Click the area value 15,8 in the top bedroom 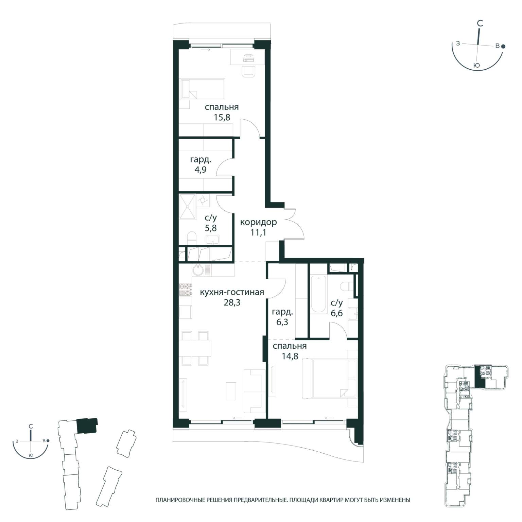(x=222, y=118)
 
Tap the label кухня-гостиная (x=232, y=292)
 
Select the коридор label (x=258, y=222)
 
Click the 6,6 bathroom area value (x=337, y=313)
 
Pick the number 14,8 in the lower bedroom (x=290, y=356)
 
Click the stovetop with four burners (x=186, y=290)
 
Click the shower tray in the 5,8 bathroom (x=188, y=207)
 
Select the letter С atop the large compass (x=480, y=23)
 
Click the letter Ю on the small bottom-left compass (x=31, y=455)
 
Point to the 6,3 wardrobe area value (x=282, y=322)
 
